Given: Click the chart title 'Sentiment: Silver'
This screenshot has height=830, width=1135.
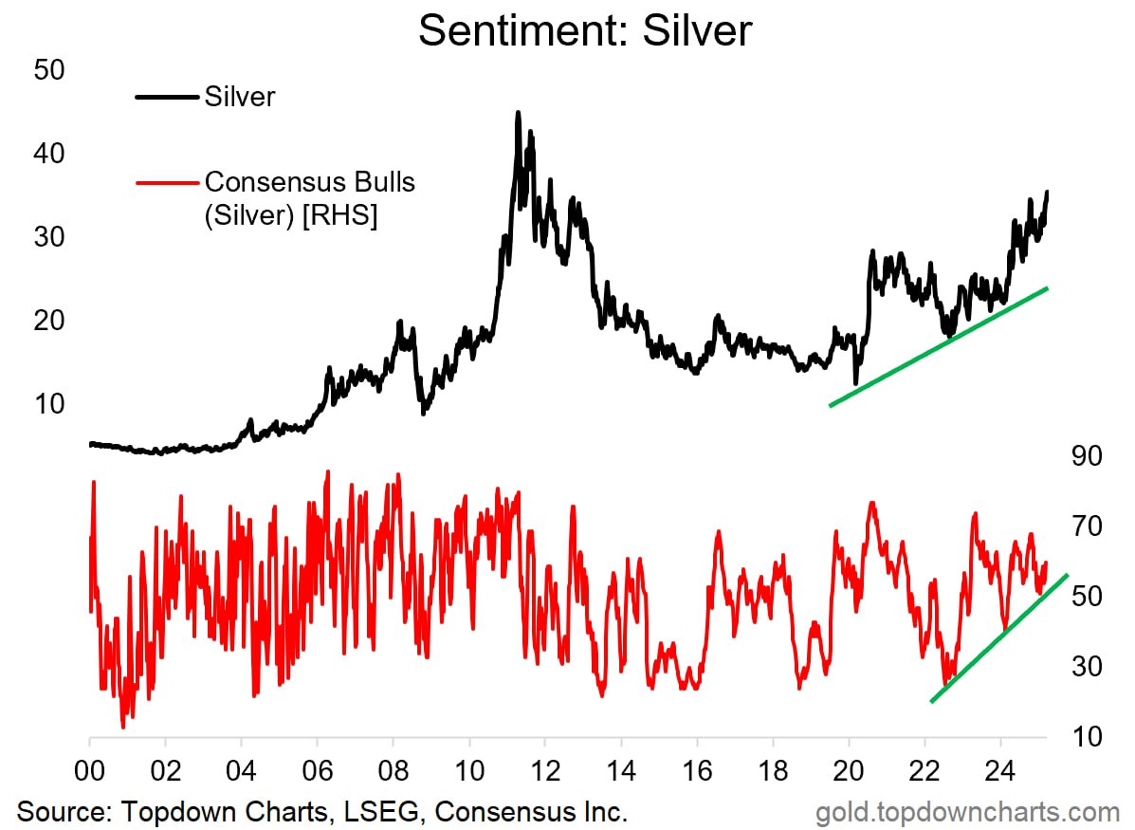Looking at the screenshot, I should (x=584, y=30).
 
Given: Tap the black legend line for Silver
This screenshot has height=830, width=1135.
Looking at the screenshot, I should (x=167, y=97).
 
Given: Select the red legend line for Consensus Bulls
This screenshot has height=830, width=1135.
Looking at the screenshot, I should (x=167, y=181).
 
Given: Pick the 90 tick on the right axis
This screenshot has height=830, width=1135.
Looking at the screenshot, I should (x=1085, y=456).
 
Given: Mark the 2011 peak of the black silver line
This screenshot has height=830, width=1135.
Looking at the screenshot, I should (x=518, y=113).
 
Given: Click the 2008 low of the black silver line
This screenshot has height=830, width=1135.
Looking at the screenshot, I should (x=424, y=413).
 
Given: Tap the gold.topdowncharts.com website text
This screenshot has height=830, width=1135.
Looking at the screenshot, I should (x=968, y=812).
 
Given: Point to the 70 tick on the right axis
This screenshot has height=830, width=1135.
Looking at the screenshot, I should (x=1085, y=526).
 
